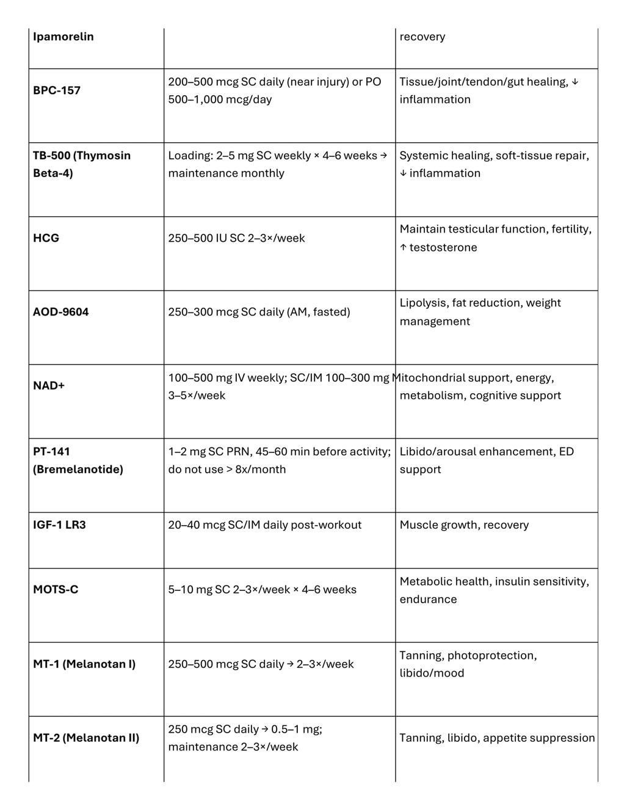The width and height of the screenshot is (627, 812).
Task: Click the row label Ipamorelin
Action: tap(63, 37)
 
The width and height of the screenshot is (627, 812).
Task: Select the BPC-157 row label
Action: tap(57, 90)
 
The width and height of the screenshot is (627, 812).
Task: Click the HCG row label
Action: tap(46, 238)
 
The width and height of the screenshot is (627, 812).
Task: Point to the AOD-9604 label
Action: tap(61, 312)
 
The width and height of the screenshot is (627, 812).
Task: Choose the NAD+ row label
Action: tap(49, 386)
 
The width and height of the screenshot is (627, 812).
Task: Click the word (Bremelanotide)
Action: tap(78, 469)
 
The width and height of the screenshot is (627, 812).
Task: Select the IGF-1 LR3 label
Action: tap(59, 525)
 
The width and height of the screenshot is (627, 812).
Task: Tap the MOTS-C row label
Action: tap(56, 590)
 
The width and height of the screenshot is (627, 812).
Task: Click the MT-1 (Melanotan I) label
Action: tap(84, 664)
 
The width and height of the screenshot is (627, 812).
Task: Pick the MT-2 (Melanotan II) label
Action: tap(86, 738)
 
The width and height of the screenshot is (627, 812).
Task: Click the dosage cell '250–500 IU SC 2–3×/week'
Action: tap(236, 238)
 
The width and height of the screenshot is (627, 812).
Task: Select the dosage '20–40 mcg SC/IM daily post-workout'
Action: tap(264, 525)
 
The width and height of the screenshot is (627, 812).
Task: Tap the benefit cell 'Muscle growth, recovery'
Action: tap(464, 525)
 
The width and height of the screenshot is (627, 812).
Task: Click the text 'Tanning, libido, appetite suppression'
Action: tap(497, 738)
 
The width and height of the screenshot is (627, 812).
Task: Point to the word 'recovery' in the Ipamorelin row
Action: tap(422, 37)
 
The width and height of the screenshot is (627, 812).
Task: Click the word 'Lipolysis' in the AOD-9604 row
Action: tap(422, 303)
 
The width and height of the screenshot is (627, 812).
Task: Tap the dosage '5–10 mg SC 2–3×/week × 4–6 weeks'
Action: tap(262, 590)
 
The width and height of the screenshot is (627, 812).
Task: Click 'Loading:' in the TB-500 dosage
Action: tap(189, 156)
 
